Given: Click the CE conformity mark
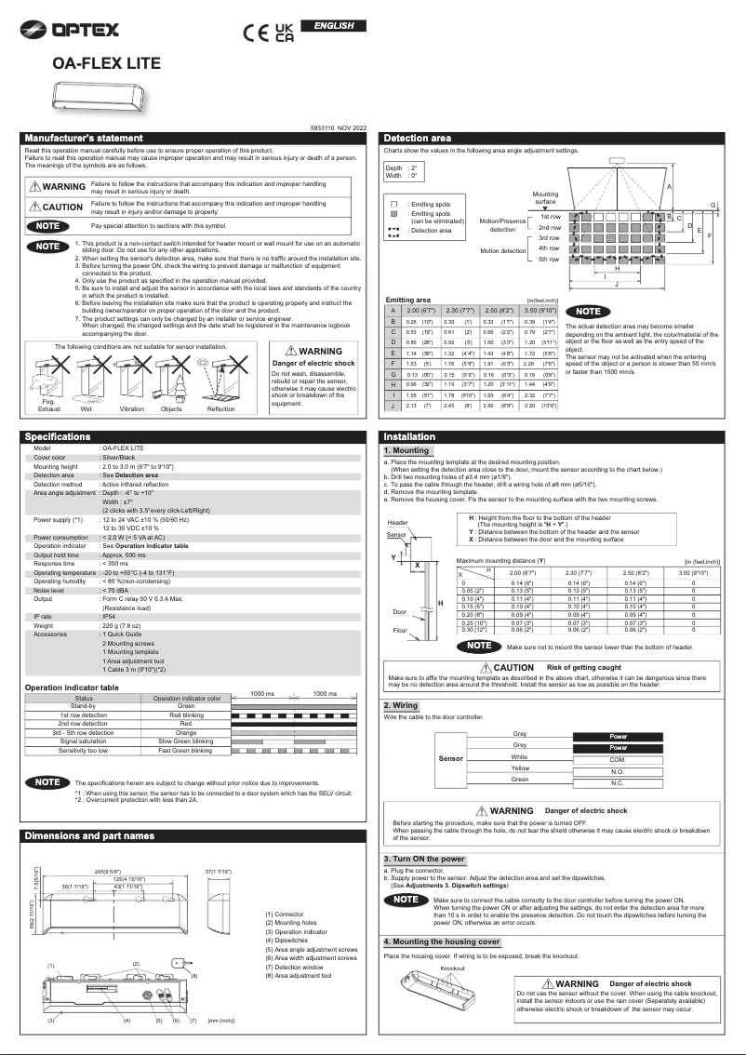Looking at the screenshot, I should point(255,33).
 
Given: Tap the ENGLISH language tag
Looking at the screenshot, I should point(334,25).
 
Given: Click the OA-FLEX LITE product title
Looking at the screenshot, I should point(106,63).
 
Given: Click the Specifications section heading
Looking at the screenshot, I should point(57,436).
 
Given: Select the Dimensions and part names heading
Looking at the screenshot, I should point(89,835).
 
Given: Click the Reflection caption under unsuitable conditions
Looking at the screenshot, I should point(221,409).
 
